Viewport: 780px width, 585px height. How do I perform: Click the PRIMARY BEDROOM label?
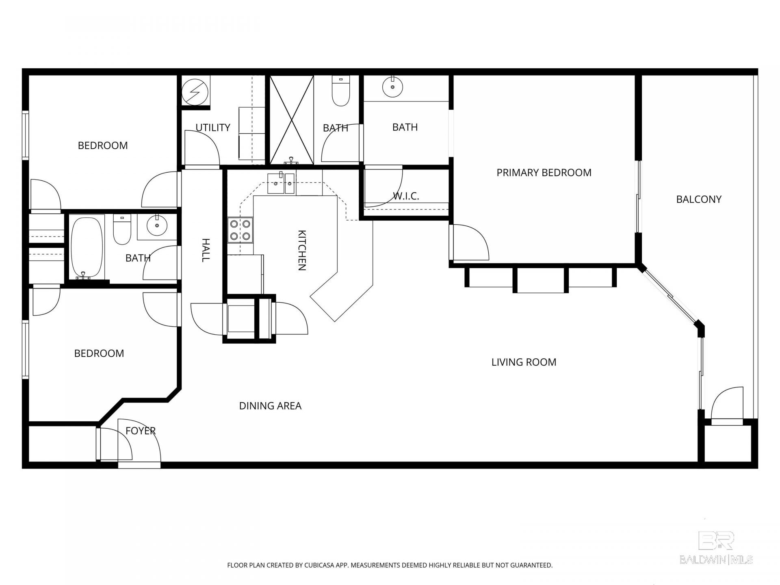pos(544,173)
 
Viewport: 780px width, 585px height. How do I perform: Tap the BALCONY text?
pos(699,199)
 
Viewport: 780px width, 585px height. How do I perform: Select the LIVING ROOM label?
pos(524,362)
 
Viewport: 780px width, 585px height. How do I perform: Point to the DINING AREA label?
pos(270,406)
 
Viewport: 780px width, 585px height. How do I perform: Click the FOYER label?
pos(141,431)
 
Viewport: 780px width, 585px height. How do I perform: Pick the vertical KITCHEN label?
pos(302,250)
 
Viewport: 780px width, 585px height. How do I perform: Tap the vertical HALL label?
pos(206,250)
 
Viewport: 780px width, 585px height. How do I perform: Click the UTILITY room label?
pos(213,128)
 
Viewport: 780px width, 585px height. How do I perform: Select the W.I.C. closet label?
pos(406,196)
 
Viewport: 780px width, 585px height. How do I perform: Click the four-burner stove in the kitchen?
pos(240,230)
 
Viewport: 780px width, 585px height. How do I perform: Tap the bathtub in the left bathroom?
pos(87,247)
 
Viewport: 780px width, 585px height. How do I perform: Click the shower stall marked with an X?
pos(292,120)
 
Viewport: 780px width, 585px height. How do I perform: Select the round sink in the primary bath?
pos(392,87)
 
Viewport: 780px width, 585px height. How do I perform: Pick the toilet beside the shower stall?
pos(341,91)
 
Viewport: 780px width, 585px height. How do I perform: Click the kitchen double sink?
pos(281,184)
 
